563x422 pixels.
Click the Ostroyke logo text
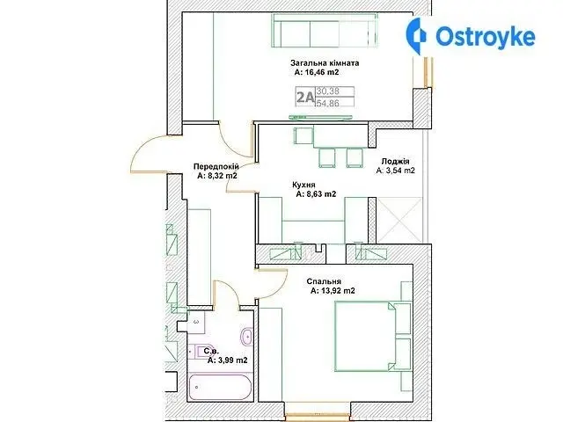[x=485, y=36]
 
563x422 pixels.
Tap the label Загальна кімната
[x=325, y=63]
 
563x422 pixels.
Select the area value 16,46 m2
[x=317, y=72]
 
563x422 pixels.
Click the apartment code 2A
[x=305, y=97]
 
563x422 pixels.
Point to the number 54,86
[x=327, y=104]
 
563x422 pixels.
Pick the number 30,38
[x=327, y=91]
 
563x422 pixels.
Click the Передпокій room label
[x=216, y=166]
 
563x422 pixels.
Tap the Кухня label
[x=303, y=185]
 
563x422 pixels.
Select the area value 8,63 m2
[x=316, y=194]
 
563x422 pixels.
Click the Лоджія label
[x=395, y=162]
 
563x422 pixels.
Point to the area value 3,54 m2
[x=395, y=171]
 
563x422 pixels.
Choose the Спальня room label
[x=324, y=281]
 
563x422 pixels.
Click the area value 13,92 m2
[x=333, y=291]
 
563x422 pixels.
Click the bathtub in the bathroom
[x=219, y=387]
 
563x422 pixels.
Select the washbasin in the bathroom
[x=246, y=336]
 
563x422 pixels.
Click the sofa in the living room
[x=325, y=31]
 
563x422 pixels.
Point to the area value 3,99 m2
[x=228, y=360]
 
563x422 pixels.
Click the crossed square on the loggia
[x=398, y=220]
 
